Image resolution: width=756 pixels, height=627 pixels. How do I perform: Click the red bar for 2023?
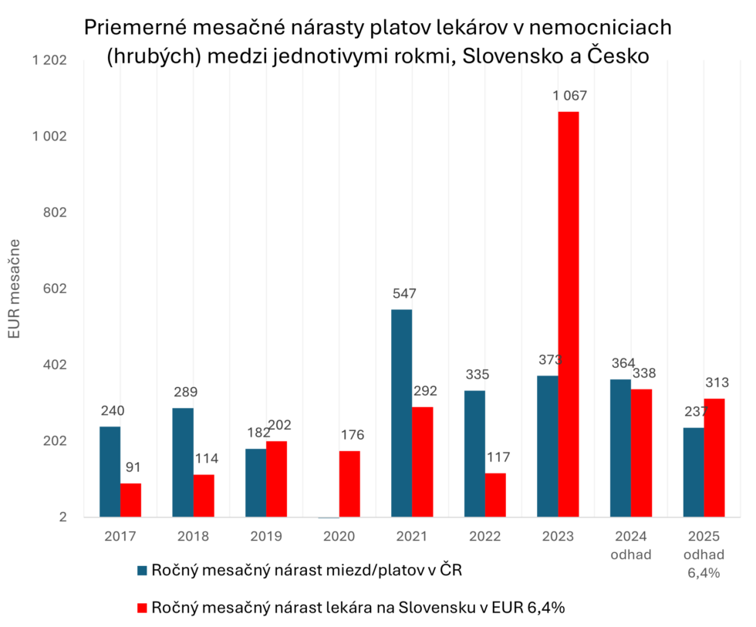(x=569, y=315)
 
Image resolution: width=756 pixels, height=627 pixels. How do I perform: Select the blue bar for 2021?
(x=401, y=413)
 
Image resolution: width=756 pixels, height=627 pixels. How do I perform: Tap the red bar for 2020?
(x=349, y=484)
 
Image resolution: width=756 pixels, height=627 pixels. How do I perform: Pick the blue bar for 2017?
(x=110, y=472)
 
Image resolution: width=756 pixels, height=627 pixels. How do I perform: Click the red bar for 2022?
(x=495, y=495)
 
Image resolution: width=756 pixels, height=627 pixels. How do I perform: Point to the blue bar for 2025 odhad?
(x=694, y=473)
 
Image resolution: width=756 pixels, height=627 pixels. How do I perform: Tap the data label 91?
(x=132, y=467)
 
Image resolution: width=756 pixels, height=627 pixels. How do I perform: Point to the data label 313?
(x=716, y=383)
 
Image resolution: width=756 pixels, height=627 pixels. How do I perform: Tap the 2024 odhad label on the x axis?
(x=631, y=544)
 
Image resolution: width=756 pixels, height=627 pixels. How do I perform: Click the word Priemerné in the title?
(x=133, y=29)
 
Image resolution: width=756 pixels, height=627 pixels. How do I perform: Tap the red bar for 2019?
(x=276, y=479)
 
